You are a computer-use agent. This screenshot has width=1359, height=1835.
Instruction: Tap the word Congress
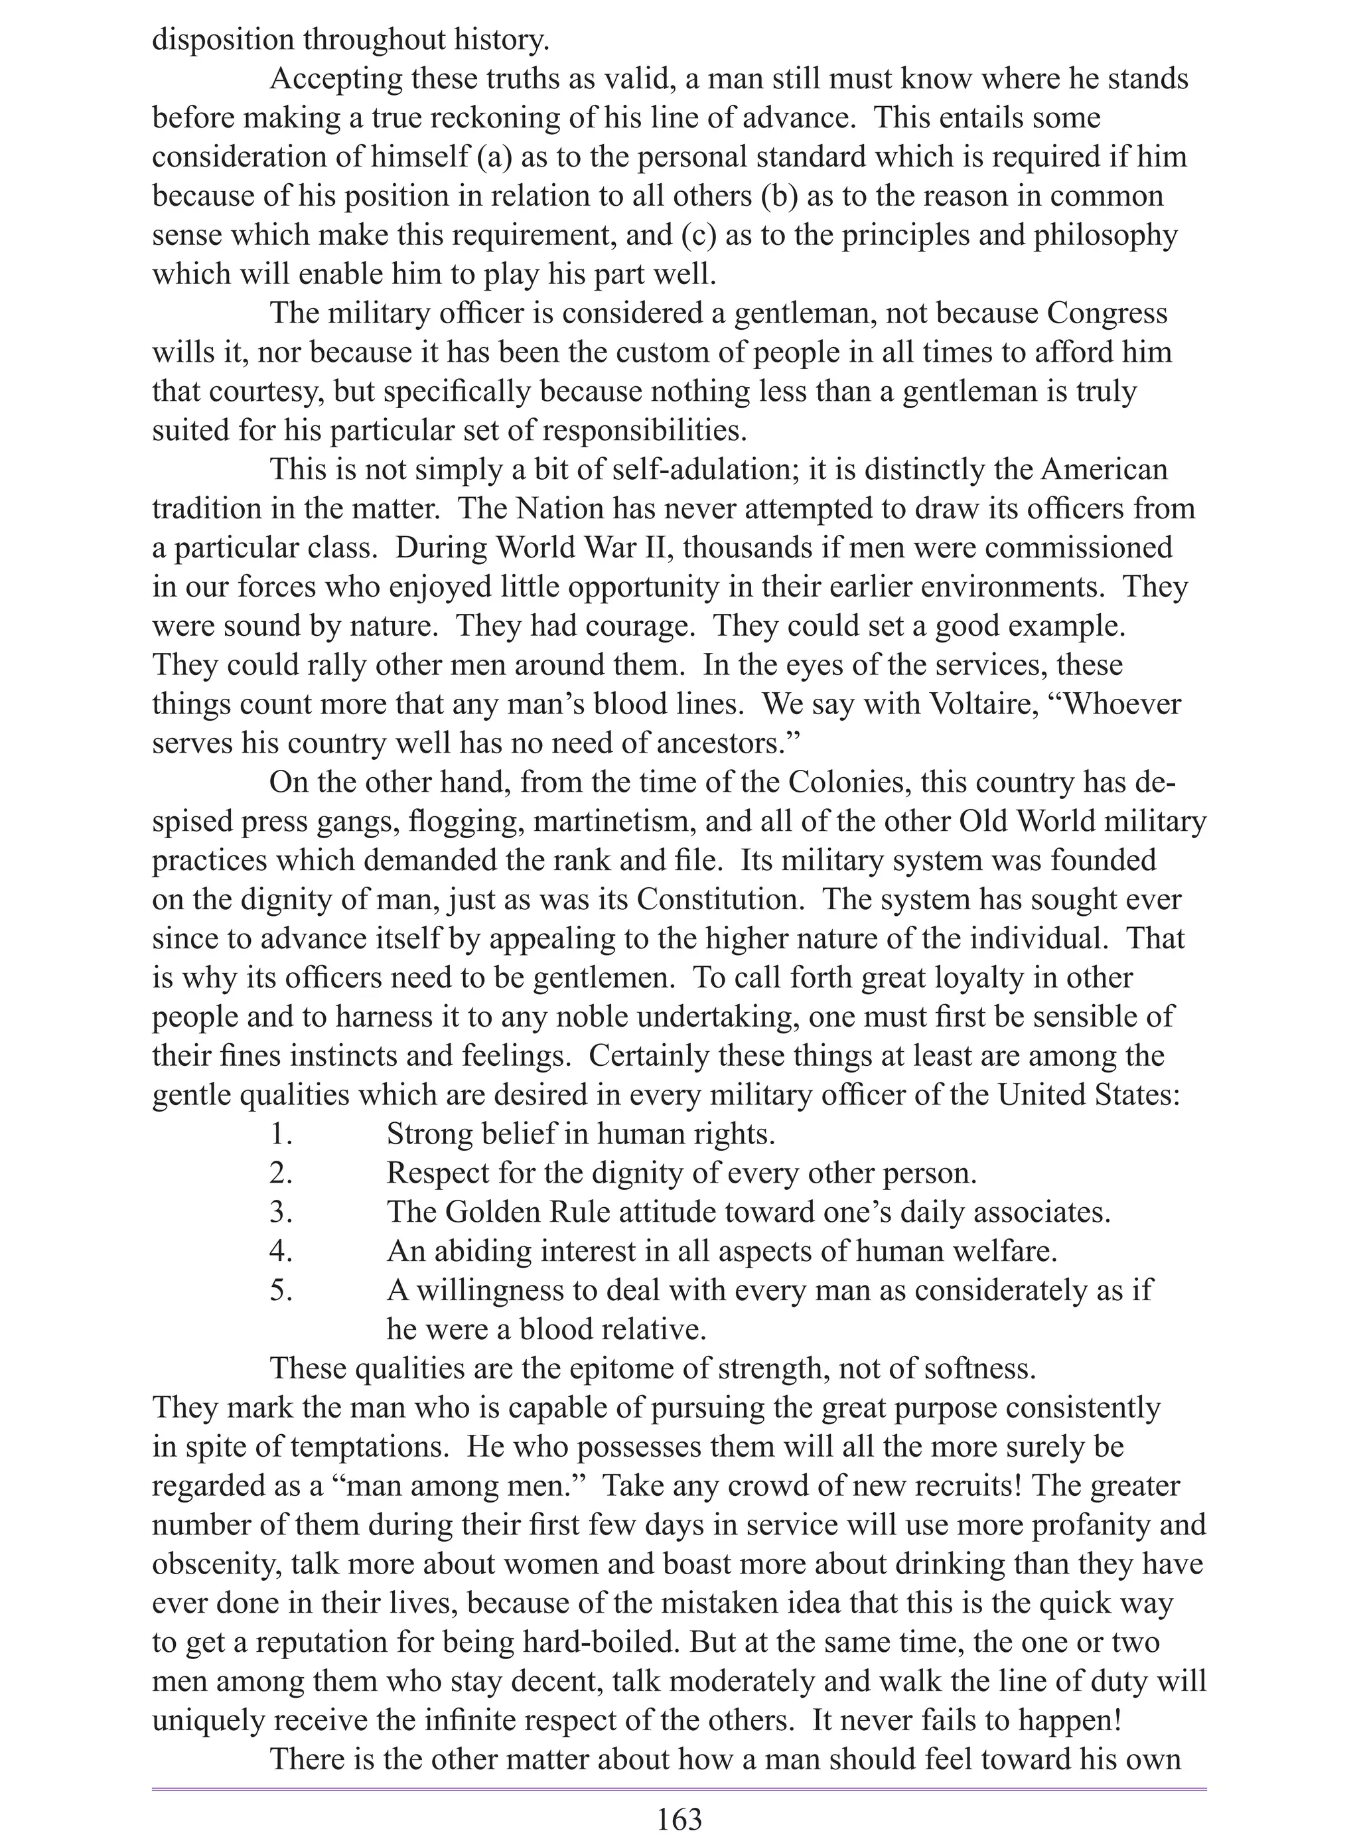point(1108,313)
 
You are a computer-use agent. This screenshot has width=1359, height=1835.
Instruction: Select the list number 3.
point(281,1212)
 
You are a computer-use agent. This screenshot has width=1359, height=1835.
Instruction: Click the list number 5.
point(281,1289)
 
